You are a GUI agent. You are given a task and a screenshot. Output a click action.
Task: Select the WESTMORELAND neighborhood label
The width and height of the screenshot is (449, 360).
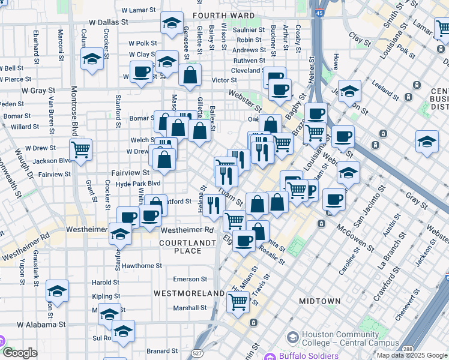[x=188, y=293]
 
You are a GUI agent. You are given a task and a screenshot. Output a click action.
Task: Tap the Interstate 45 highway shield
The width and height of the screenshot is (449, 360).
[x=319, y=12]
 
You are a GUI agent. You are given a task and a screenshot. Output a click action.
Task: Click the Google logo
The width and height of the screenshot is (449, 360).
[x=20, y=353]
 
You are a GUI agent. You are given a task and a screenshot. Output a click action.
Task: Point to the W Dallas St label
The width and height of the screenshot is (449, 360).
[x=109, y=22]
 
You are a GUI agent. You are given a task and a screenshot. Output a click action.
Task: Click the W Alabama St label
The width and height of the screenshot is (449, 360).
[x=41, y=325]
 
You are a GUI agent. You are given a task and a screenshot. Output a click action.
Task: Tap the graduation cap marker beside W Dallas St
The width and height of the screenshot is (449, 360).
[x=172, y=24]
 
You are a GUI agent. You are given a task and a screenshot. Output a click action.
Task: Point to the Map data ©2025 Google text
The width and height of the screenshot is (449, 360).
[x=411, y=355]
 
